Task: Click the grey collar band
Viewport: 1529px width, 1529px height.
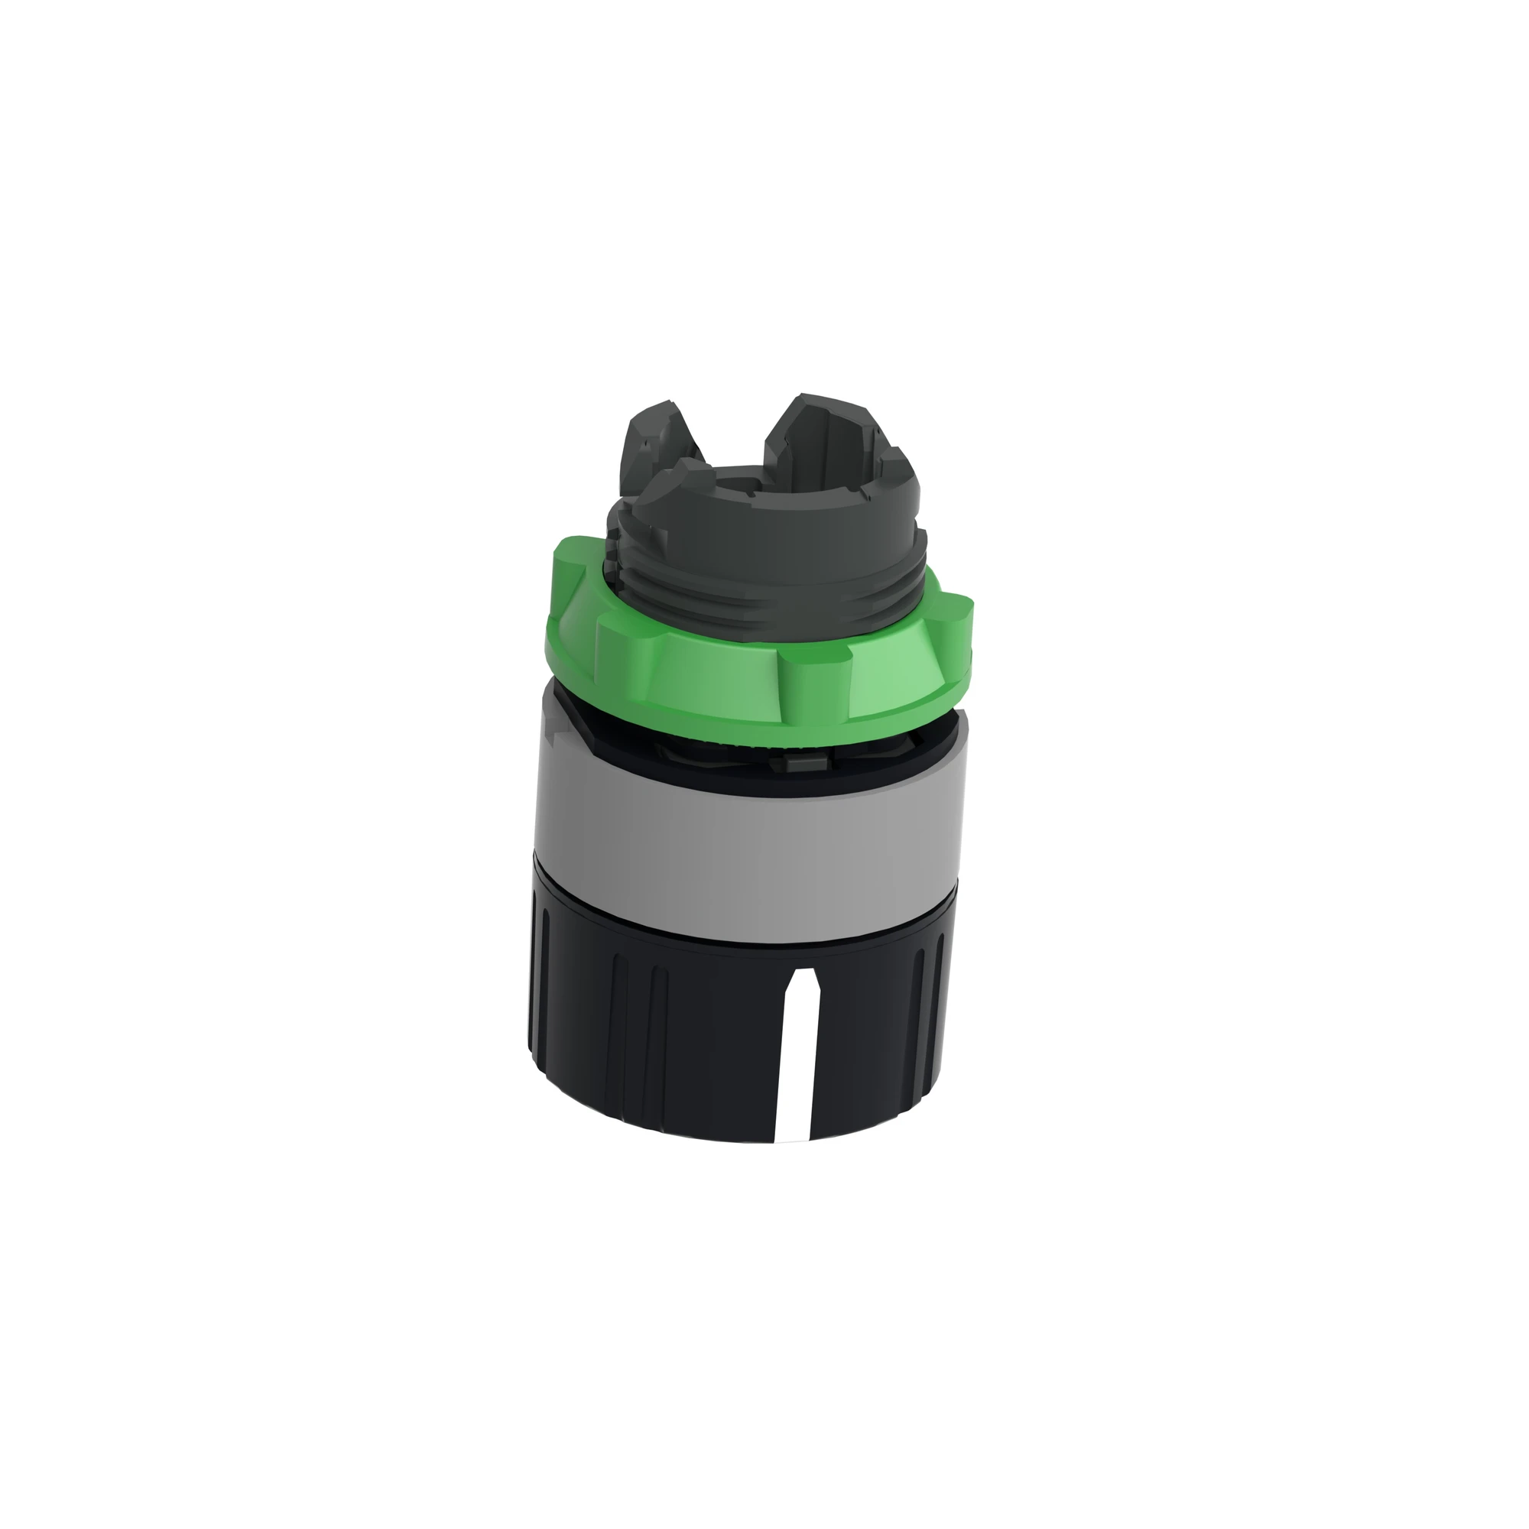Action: coord(744,815)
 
